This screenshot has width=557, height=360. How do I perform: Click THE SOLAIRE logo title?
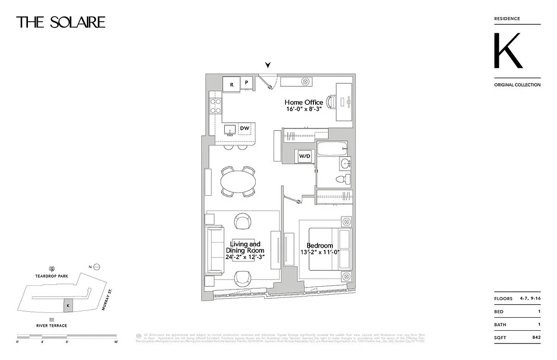61,22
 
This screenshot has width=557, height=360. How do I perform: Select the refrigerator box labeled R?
231,84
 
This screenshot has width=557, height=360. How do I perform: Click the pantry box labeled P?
246,83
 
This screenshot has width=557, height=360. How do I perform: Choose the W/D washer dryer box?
305,156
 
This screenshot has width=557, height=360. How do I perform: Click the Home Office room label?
303,103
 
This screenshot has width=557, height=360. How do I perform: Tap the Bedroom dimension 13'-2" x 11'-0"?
320,252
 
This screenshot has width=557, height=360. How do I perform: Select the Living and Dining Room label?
245,247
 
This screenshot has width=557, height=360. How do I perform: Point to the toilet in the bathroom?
343,179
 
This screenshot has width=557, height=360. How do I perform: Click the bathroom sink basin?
345,163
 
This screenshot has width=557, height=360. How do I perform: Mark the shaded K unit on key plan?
68,306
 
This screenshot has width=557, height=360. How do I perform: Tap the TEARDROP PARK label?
52,276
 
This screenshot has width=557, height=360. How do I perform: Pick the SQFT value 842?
536,337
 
